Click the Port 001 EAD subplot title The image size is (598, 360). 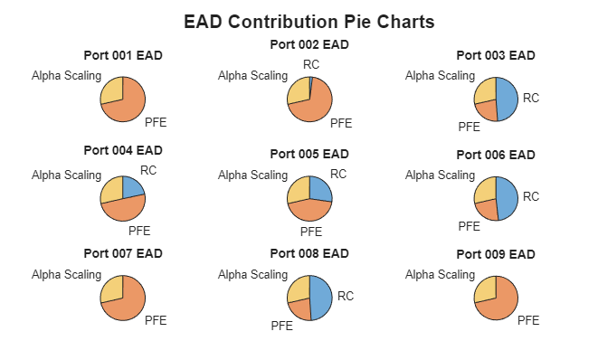tap(123, 55)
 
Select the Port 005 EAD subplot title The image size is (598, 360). tap(309, 154)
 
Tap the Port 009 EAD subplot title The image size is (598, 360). tap(496, 255)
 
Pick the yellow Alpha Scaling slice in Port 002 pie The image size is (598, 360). tap(299, 91)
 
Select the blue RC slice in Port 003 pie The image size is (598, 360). tap(507, 99)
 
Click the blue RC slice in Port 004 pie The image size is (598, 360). tap(132, 188)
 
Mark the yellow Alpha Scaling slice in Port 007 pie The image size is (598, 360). tap(112, 289)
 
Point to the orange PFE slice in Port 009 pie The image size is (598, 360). tap(500, 302)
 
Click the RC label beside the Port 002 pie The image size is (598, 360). tap(310, 64)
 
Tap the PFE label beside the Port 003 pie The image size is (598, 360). tap(469, 127)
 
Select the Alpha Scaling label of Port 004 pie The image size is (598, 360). tap(66, 175)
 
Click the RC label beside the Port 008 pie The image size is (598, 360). tap(346, 296)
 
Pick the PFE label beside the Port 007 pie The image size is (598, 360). tap(156, 320)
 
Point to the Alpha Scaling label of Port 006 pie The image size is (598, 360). tap(439, 175)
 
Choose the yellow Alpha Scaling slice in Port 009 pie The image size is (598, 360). tap(486, 289)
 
